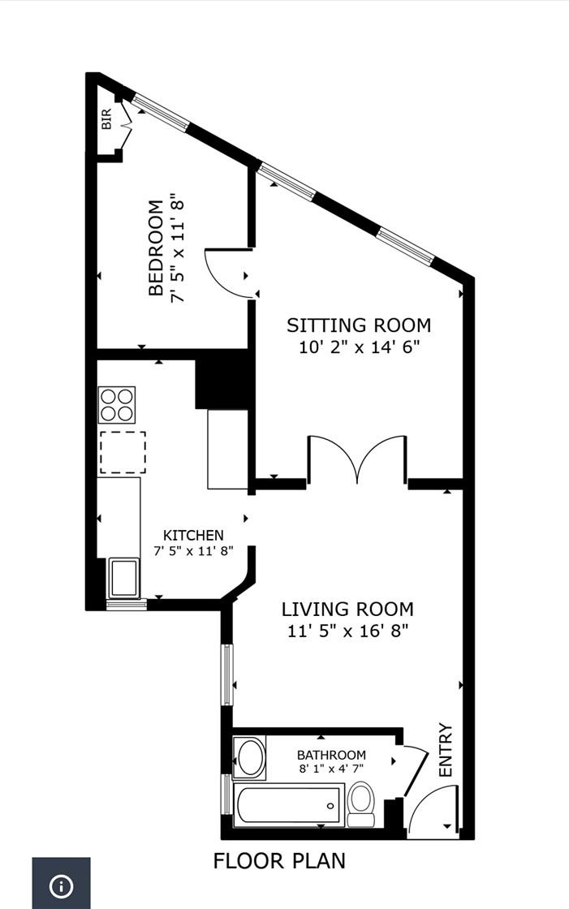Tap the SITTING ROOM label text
pos(358,325)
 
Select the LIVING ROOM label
pos(347,609)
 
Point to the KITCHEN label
pos(193,535)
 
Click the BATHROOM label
pos(331,755)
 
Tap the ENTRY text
pos(445,750)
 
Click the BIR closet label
pos(106,120)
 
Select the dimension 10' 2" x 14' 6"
pos(358,347)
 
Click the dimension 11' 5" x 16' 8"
pos(347,631)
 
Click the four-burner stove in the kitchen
pos(116,404)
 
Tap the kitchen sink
pos(124,577)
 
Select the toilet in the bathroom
pos(361,803)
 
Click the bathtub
pos(288,805)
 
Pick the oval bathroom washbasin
pos(250,757)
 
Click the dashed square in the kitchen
pos(123,452)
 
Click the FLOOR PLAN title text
pos(279,860)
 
